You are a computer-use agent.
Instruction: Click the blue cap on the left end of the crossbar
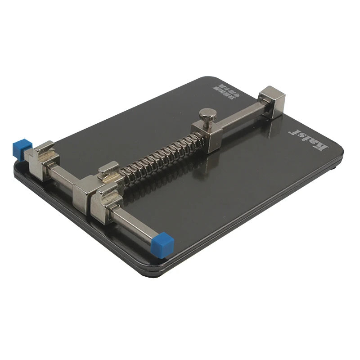tap(22, 150)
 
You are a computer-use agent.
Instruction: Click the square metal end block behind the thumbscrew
tap(271, 102)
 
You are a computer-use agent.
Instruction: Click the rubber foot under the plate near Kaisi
tap(335, 168)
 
